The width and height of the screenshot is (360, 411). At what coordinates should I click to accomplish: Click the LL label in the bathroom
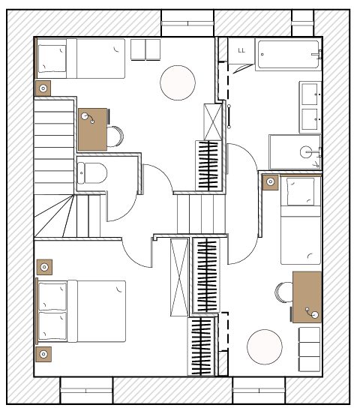241,50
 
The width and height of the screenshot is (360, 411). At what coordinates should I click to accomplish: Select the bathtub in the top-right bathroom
289,55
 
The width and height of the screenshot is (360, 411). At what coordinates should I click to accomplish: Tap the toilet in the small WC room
92,173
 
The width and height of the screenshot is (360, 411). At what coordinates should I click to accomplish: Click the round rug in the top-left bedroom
178,82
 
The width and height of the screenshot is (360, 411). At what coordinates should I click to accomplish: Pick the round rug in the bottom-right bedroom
265,346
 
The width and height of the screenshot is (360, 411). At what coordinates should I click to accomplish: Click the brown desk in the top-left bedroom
93,130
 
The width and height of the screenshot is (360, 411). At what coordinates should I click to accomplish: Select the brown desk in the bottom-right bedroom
307,297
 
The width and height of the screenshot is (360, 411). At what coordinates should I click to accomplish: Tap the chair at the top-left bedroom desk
115,136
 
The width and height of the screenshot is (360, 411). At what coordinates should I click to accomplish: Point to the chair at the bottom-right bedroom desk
284,292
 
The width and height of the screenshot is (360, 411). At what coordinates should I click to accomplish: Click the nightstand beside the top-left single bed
43,88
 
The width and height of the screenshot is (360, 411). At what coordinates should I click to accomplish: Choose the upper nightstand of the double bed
44,267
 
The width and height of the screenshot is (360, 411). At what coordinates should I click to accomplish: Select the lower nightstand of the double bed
43,355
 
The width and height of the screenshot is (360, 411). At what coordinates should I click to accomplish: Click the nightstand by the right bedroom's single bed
270,182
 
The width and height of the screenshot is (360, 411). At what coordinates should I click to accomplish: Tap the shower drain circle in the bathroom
306,151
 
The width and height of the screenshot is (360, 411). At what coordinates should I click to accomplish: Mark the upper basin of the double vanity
310,94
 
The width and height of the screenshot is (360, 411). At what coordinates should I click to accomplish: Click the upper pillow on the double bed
52,296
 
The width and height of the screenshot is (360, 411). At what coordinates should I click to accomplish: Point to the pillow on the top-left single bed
52,58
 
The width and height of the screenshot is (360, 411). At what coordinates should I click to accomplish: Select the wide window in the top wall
187,23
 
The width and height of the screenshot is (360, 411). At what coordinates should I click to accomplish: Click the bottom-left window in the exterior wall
86,390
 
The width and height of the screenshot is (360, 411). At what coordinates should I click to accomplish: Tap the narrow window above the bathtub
302,23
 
